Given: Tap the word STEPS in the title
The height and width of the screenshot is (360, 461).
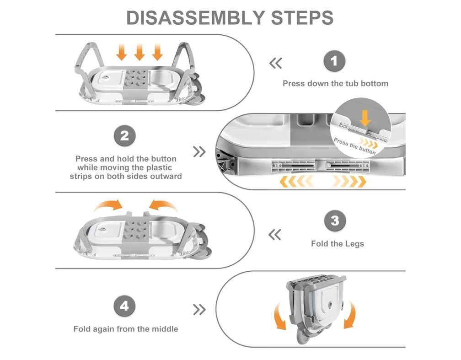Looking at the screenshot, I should (302, 18).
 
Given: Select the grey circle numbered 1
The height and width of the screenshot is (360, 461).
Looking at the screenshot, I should (335, 62).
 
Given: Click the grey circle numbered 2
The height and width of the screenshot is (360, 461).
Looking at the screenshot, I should (124, 136).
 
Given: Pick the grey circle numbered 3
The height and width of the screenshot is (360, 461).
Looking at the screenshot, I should (335, 221).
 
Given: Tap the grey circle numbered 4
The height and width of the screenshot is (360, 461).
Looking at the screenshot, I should (124, 306).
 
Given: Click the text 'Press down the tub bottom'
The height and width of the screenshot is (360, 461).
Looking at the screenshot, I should (335, 83).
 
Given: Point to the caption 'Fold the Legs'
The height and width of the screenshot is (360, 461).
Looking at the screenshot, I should (338, 243).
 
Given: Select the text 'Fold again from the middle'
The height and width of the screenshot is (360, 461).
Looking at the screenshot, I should (126, 329).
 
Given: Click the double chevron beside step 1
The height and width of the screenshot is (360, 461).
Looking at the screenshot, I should (276, 63).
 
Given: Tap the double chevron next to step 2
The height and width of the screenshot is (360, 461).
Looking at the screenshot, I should (199, 152).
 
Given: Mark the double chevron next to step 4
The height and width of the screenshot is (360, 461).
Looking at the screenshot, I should (199, 310).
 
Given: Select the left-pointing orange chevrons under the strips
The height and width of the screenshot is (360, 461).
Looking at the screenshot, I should (296, 182).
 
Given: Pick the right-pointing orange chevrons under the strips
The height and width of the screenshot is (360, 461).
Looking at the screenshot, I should (350, 182).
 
